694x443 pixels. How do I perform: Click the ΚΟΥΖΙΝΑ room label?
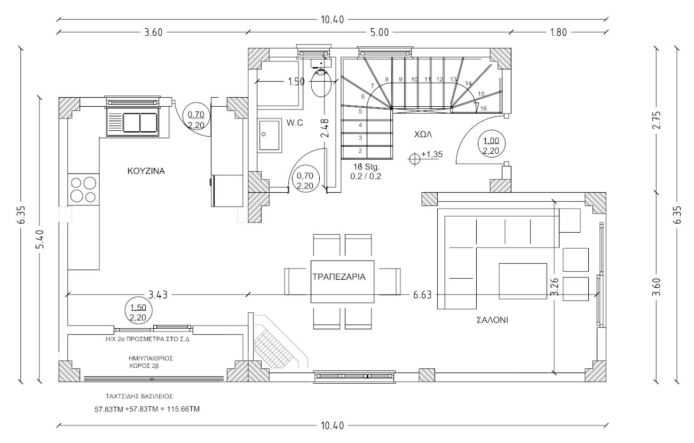[x=146, y=171]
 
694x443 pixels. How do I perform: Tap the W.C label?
[x=295, y=123]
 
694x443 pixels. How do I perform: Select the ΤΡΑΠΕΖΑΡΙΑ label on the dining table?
[x=339, y=277]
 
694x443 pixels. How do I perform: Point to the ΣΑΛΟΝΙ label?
[x=492, y=320]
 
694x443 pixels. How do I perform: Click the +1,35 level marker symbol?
[x=414, y=159]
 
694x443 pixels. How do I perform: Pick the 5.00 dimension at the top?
[x=379, y=32]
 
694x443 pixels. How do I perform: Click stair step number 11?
[x=427, y=80]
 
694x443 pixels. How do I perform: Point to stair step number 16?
[x=484, y=108]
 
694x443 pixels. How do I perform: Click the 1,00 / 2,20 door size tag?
[x=491, y=146]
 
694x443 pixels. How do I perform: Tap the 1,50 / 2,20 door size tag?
[x=138, y=312]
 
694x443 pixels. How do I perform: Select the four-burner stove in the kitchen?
[x=83, y=189]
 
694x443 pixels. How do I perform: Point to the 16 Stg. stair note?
[x=366, y=170]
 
